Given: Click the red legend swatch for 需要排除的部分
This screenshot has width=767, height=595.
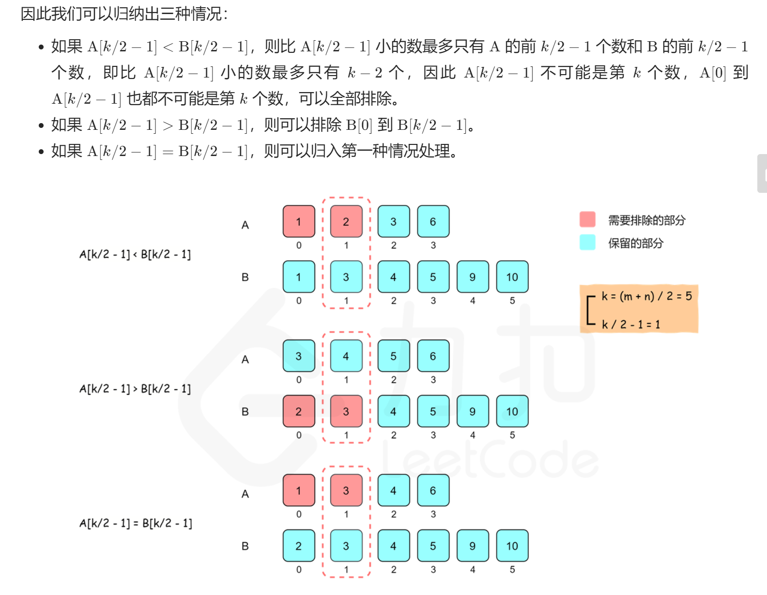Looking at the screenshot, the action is click(x=587, y=219).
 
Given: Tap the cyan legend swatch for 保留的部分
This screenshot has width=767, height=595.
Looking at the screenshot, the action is click(x=587, y=242).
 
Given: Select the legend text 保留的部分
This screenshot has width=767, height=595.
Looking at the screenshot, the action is click(x=635, y=243).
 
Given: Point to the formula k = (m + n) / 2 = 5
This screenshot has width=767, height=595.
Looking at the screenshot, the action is click(x=646, y=296).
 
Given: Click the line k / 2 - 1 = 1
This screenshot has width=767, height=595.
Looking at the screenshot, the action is click(x=631, y=324).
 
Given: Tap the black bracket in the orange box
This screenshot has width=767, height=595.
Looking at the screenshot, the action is click(x=589, y=310).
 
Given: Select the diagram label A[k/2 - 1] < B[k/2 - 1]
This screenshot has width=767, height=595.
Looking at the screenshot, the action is click(x=135, y=254).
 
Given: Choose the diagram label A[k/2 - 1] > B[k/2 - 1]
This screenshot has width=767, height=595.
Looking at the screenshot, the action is click(x=135, y=389).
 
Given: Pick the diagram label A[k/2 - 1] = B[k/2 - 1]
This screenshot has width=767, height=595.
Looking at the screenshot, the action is click(x=136, y=523).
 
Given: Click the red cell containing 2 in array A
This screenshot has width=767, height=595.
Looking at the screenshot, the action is click(x=346, y=221).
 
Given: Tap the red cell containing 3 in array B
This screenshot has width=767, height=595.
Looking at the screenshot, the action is click(x=346, y=411).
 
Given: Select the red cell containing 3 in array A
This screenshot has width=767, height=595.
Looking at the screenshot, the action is click(x=346, y=490).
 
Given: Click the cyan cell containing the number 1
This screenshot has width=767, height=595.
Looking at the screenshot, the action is click(x=299, y=277).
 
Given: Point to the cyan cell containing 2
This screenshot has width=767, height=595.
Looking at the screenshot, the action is click(x=299, y=546).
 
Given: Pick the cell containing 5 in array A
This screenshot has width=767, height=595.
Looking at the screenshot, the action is click(x=393, y=356).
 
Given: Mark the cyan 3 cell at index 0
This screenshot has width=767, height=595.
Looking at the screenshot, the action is click(x=299, y=356).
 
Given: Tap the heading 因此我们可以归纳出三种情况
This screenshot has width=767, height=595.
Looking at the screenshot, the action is click(x=124, y=14).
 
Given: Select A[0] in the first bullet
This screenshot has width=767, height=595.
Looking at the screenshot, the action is click(x=713, y=73).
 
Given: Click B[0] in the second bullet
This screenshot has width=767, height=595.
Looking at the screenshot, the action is click(x=358, y=125).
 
